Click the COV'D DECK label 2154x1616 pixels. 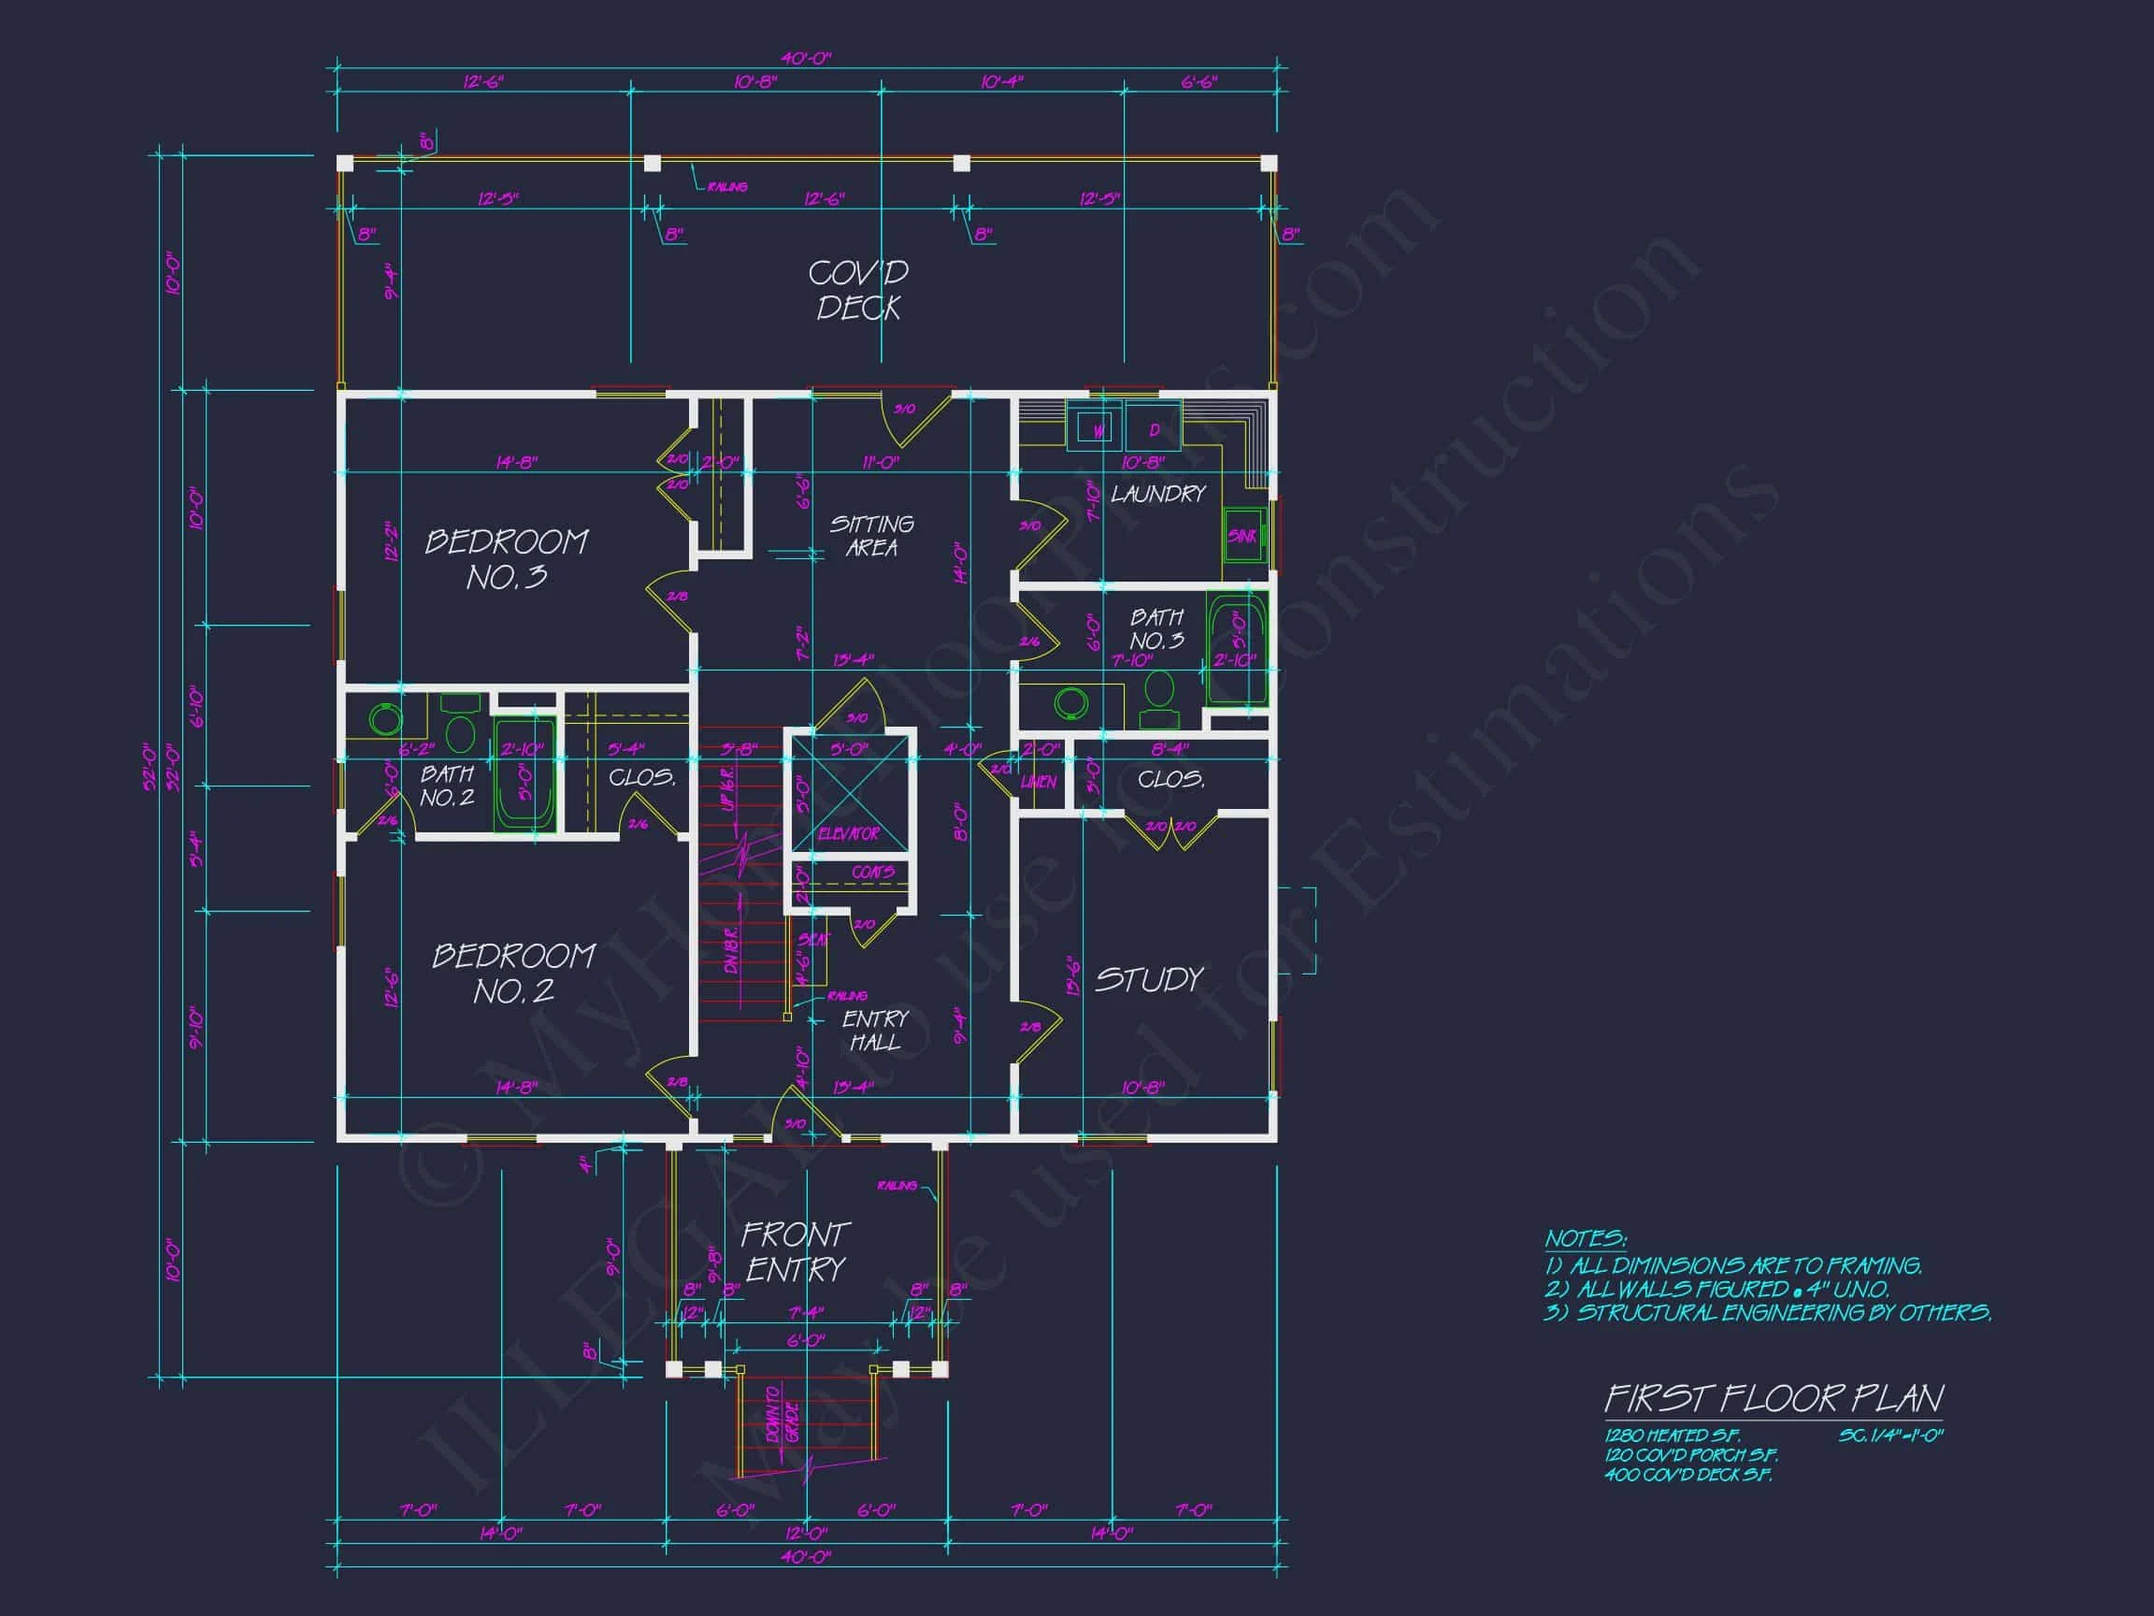(858, 290)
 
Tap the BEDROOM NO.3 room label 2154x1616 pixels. (507, 559)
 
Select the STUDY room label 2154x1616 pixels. (1149, 979)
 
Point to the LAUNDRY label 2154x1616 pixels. (1157, 494)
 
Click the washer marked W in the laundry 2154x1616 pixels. (1097, 429)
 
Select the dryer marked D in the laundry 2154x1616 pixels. (1154, 429)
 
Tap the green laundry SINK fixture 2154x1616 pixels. (1242, 536)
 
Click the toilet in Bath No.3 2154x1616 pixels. (1158, 694)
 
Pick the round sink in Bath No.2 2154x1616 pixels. (385, 719)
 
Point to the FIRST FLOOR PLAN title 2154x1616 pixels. (1773, 1399)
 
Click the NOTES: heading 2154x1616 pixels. (1586, 1239)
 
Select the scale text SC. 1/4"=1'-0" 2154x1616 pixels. (1890, 1436)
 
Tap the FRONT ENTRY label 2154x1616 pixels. (796, 1251)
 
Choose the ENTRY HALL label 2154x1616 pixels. (874, 1031)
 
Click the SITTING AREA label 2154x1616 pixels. (871, 536)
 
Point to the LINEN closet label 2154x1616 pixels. (1038, 782)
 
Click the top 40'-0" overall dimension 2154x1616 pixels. (805, 58)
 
